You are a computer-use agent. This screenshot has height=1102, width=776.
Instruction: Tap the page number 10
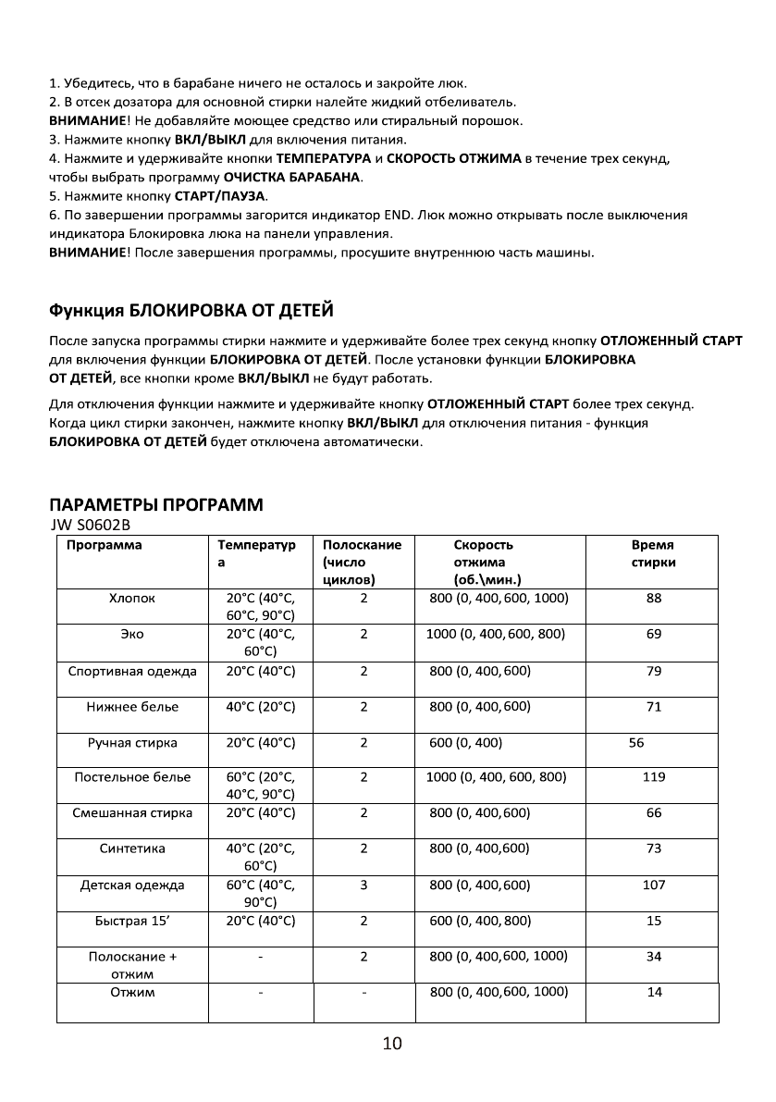coord(391,1045)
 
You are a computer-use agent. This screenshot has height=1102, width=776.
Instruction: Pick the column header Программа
coord(104,545)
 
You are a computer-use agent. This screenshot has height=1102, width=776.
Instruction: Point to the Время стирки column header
coord(654,553)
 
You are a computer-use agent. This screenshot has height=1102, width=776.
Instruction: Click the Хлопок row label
coord(132,599)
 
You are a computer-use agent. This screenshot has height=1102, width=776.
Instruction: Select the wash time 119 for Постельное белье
coord(654,777)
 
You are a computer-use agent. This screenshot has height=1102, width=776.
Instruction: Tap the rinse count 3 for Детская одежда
coord(364,885)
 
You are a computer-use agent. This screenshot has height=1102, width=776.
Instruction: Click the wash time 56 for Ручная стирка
coord(636,743)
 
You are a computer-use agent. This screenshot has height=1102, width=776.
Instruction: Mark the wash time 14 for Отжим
coord(654,992)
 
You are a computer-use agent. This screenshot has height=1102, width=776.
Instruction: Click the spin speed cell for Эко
coord(496,635)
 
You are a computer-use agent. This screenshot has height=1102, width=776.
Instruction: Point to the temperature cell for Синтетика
coord(260,857)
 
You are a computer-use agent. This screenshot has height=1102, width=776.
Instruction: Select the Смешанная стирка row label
coord(132,813)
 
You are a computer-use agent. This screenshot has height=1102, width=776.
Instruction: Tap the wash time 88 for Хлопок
coord(654,599)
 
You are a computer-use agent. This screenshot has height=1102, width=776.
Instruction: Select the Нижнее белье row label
coord(132,707)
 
